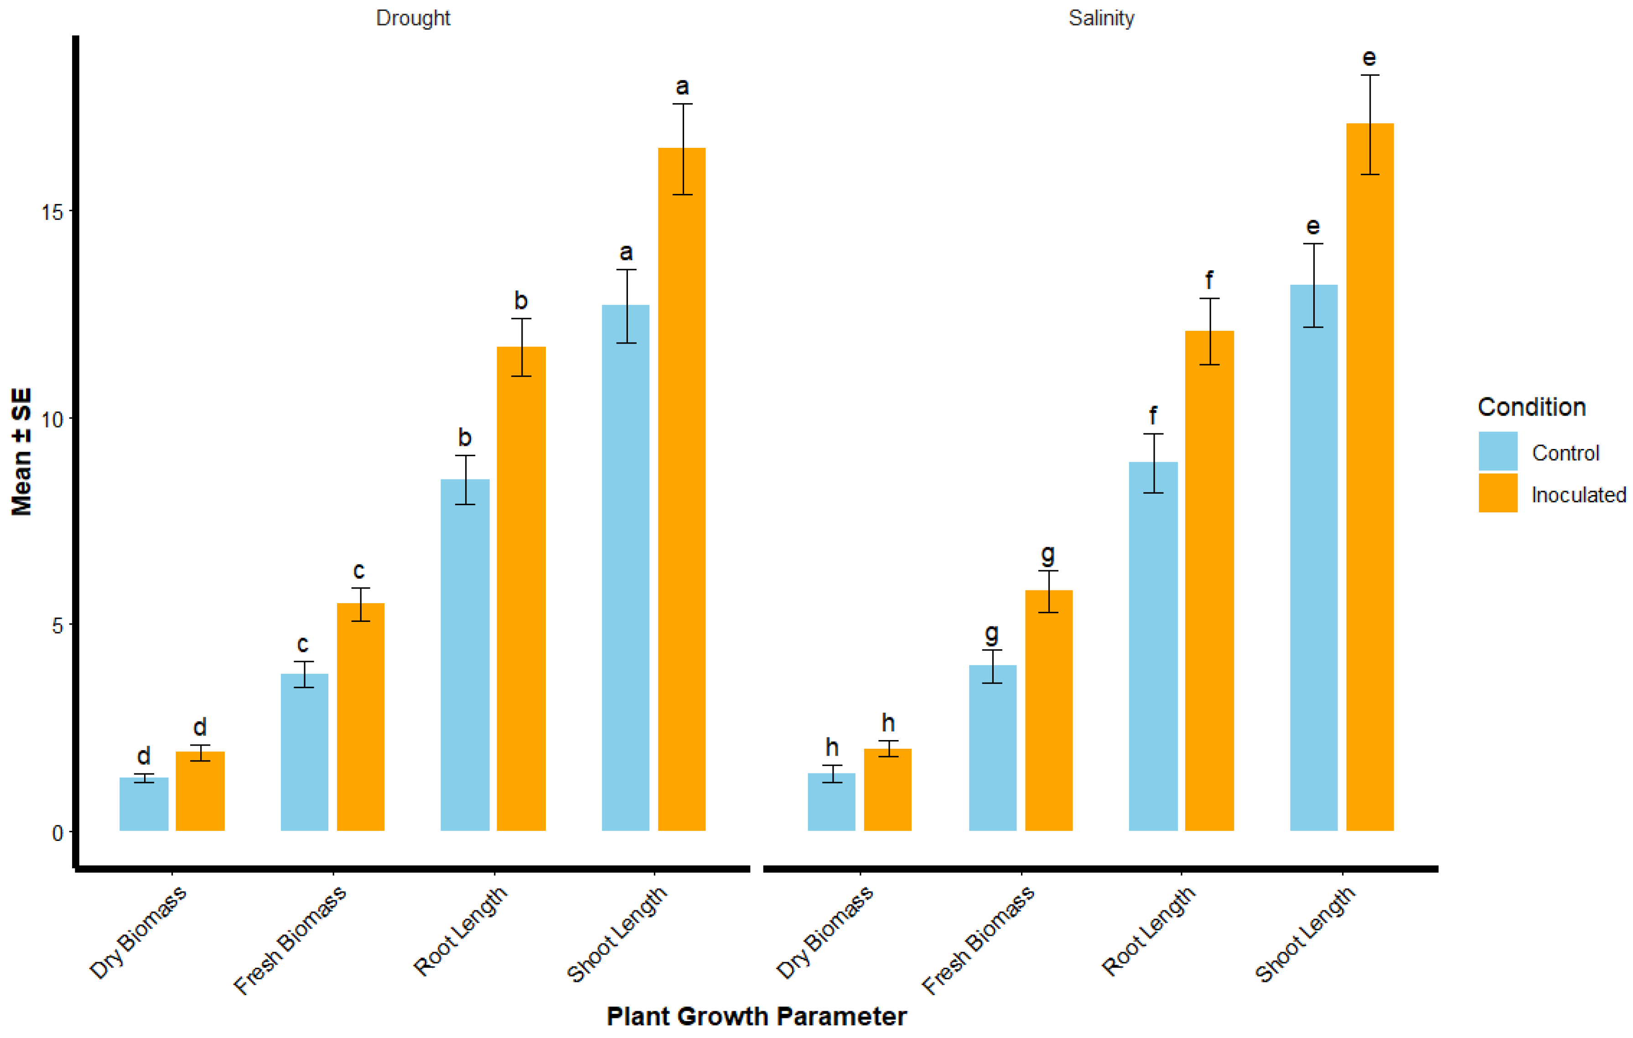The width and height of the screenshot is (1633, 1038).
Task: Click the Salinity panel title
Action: coord(1101,18)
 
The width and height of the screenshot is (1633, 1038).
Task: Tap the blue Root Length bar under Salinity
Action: coord(1153,645)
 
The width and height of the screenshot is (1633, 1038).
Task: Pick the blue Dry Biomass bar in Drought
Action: coord(144,804)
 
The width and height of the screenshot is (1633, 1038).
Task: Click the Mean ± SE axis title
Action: coord(22,452)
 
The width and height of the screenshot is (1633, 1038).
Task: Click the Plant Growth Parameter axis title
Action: coord(756,1016)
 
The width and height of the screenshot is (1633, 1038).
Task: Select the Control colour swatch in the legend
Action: coord(1498,451)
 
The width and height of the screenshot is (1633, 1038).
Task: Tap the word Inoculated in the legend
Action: coord(1578,495)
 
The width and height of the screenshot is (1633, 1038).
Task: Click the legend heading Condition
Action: coord(1531,407)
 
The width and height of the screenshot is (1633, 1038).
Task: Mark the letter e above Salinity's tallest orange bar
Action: coord(1369,58)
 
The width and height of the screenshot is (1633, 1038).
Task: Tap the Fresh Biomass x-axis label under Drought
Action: coord(290,939)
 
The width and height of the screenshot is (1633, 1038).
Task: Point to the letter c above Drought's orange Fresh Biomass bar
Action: coord(359,571)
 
